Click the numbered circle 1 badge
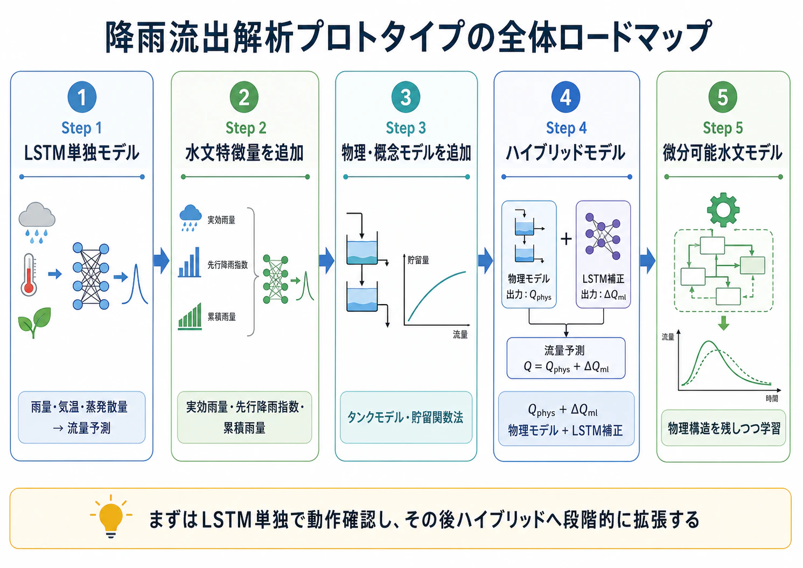click(82, 97)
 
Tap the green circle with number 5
click(723, 97)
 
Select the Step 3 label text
click(406, 128)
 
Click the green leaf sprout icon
click(34, 322)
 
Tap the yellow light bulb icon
click(111, 516)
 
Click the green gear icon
click(723, 209)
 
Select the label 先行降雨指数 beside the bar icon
click(228, 265)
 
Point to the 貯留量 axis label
click(418, 260)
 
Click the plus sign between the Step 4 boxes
click(566, 239)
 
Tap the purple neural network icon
click(603, 236)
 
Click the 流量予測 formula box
click(565, 358)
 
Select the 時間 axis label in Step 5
click(772, 398)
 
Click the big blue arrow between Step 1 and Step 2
click(162, 261)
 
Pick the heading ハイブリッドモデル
click(565, 153)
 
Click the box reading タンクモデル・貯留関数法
click(406, 417)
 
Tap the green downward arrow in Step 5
click(723, 323)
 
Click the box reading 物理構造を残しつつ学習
click(723, 428)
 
